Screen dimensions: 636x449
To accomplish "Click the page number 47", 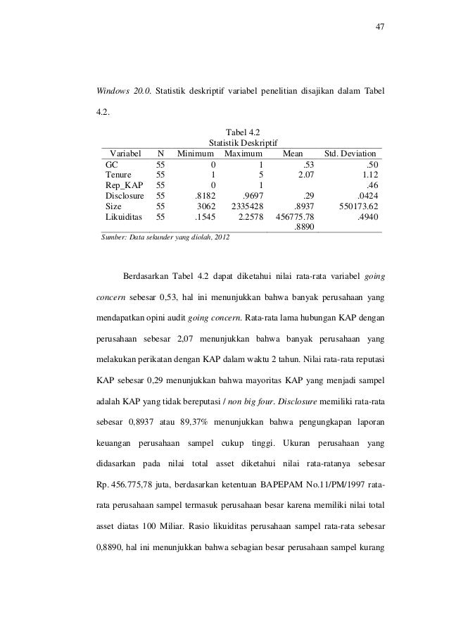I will coord(380,27).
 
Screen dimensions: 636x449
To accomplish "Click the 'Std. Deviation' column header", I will coord(350,153).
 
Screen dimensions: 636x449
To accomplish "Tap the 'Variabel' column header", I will coord(122,153).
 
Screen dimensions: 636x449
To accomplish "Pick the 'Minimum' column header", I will coord(196,153).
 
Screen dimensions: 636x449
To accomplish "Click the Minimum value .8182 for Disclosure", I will coord(205,197).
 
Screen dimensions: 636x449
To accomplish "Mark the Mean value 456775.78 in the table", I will coord(294,218).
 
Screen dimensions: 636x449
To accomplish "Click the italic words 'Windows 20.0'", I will coord(121,91).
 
